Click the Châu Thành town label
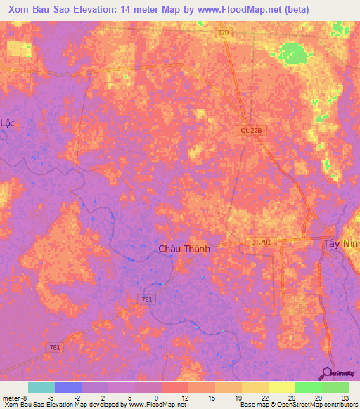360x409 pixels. point(184,249)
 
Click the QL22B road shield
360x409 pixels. point(242,131)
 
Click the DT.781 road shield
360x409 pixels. point(259,241)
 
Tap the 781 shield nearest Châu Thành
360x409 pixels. point(146,300)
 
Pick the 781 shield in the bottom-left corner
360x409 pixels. point(55,347)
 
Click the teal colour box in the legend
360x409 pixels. point(41,387)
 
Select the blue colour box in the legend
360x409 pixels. point(67,387)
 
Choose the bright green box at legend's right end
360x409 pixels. point(335,387)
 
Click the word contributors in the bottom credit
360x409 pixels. point(340,405)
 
